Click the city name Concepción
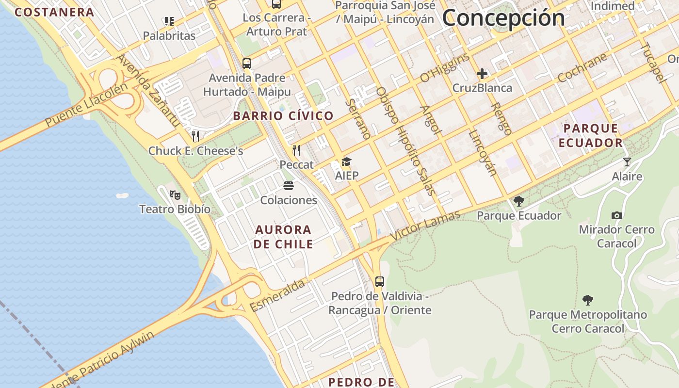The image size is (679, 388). (x=503, y=18)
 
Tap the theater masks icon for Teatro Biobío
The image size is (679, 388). (x=175, y=195)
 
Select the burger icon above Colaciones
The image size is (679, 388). (x=289, y=186)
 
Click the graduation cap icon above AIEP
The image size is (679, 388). (x=346, y=162)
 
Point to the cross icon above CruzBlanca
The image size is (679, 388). (x=482, y=74)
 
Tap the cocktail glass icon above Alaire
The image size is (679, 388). (x=627, y=162)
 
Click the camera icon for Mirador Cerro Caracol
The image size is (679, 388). (x=617, y=215)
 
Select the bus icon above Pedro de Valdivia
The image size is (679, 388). (x=380, y=281)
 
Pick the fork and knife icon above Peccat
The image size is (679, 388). (x=296, y=150)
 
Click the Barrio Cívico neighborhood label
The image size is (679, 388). (x=283, y=116)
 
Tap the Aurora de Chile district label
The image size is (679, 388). (x=283, y=237)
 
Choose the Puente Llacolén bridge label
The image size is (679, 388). (x=86, y=105)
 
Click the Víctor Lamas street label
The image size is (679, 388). (x=425, y=226)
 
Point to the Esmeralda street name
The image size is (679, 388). (x=277, y=295)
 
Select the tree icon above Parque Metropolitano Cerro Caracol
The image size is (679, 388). (x=588, y=300)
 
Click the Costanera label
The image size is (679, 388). (x=54, y=12)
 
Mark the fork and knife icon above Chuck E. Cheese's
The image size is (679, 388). (x=195, y=136)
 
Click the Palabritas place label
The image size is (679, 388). (x=169, y=35)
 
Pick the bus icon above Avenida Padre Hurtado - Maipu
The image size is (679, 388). (x=247, y=63)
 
